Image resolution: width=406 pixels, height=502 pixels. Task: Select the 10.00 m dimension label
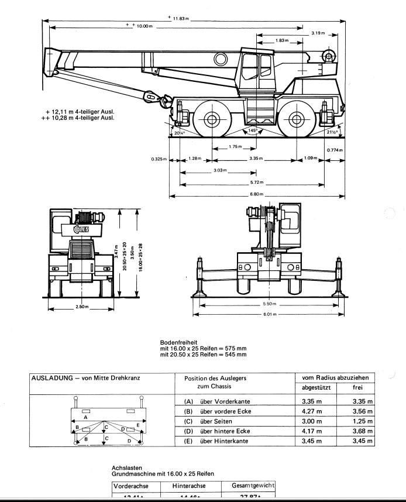tap(144, 26)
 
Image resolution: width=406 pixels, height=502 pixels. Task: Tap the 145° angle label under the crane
tap(252, 130)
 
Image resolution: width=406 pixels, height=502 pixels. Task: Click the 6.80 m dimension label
tap(256, 194)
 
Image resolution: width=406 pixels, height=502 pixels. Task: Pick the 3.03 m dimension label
tap(220, 171)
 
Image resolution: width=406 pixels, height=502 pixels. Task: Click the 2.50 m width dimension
tap(82, 307)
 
